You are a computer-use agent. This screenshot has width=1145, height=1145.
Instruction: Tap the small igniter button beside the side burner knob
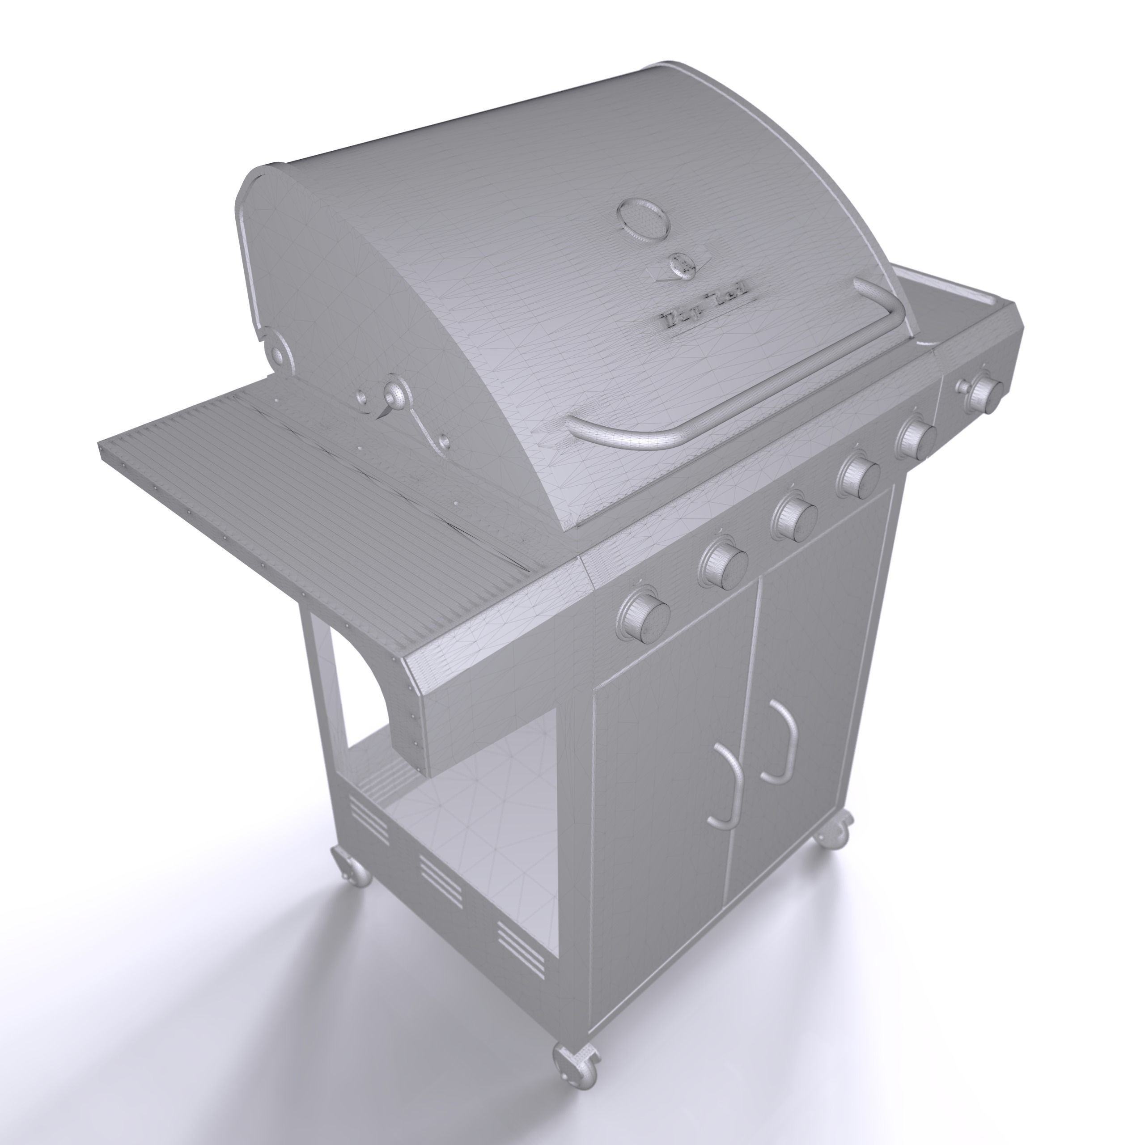tap(962, 386)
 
